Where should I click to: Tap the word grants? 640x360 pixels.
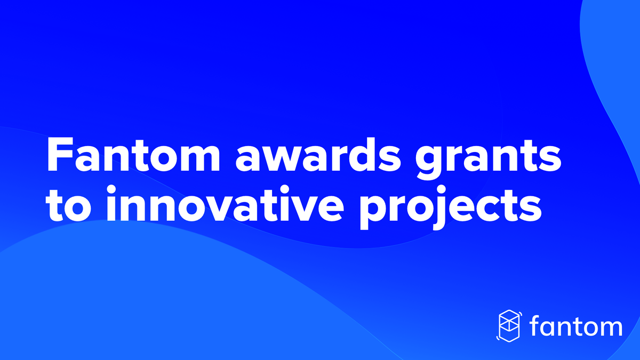(489, 158)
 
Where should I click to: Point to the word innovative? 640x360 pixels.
(225, 203)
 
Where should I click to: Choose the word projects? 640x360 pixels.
(451, 207)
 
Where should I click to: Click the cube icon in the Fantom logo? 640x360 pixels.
(509, 326)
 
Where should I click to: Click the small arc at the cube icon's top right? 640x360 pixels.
(521, 314)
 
